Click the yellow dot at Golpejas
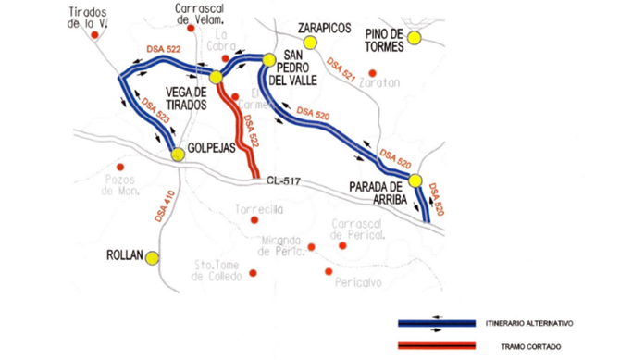click(x=178, y=155)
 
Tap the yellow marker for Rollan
click(x=152, y=258)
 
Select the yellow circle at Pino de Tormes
click(x=415, y=38)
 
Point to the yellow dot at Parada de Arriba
click(x=415, y=181)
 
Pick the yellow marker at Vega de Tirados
click(x=216, y=78)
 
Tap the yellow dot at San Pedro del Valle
click(x=268, y=60)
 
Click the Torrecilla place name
click(x=259, y=209)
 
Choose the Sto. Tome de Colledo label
click(x=217, y=267)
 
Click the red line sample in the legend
click(x=436, y=346)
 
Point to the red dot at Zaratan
click(x=373, y=72)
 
